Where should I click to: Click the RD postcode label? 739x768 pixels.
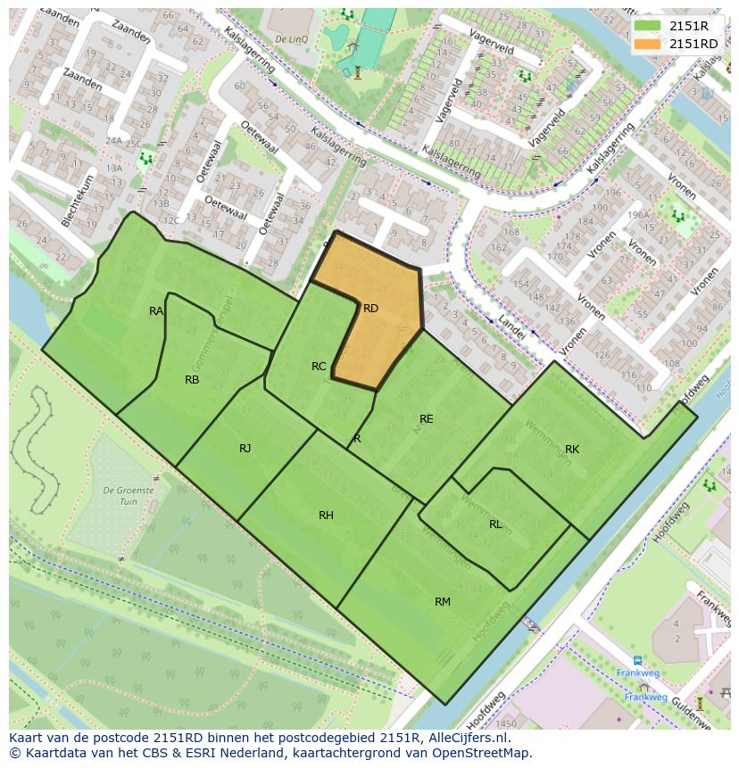click(x=370, y=309)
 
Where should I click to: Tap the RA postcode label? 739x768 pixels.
click(x=156, y=311)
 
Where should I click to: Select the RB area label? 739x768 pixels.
click(x=192, y=380)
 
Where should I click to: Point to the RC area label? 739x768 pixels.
click(x=319, y=367)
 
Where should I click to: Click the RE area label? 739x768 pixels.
click(x=427, y=419)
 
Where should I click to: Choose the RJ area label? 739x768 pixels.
click(x=245, y=449)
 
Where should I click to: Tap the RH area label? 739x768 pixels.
click(x=326, y=516)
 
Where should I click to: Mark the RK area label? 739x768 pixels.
click(x=572, y=450)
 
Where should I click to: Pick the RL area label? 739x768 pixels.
click(x=495, y=524)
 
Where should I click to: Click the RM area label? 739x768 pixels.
click(x=443, y=602)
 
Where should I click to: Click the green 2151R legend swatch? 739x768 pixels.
click(x=648, y=27)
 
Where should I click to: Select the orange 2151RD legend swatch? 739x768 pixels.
click(x=648, y=44)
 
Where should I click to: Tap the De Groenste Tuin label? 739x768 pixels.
click(x=129, y=496)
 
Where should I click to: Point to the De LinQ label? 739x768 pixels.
click(x=291, y=39)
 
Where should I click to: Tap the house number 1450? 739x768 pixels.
click(x=506, y=723)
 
